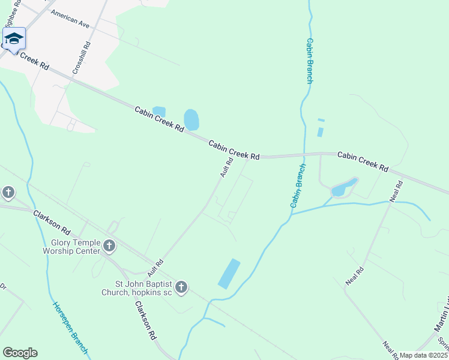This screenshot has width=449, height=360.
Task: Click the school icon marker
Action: point(13,39)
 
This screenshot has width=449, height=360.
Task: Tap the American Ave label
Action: point(70,19)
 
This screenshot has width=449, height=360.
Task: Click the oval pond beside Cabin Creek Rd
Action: point(191,119)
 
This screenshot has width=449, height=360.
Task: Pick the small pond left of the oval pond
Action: point(159,111)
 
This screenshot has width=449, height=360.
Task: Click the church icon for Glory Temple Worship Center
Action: point(109,245)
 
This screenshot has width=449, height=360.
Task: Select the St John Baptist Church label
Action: point(144,288)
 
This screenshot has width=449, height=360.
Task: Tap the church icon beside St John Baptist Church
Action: point(181,288)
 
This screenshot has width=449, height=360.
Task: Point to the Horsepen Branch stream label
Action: point(70,327)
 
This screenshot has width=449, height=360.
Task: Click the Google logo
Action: point(20,353)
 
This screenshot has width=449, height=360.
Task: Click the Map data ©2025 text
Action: point(423,355)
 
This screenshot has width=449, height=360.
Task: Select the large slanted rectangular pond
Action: point(229,274)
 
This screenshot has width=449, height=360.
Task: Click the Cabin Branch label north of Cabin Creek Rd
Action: point(310,61)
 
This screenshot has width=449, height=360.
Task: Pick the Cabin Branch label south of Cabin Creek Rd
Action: point(298,185)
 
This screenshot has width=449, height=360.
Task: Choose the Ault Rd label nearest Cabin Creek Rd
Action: point(226,167)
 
